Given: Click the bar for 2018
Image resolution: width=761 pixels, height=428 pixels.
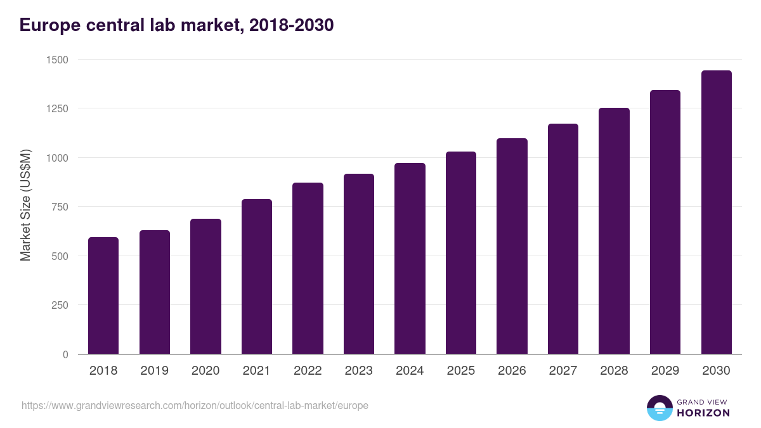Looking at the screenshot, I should [x=103, y=295].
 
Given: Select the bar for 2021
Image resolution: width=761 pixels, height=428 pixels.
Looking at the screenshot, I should [x=257, y=276].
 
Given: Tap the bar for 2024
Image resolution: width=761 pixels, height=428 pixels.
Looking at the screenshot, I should [x=410, y=259].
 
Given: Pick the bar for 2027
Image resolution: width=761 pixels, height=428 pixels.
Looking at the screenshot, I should [x=563, y=239].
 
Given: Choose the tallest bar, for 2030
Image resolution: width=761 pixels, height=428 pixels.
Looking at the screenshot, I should [x=716, y=212].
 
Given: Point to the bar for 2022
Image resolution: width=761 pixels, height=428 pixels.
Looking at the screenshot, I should [x=308, y=268].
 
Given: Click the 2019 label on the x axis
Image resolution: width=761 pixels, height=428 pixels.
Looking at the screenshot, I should [x=154, y=371].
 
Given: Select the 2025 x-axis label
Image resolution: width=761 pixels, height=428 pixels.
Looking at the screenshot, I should [x=460, y=371].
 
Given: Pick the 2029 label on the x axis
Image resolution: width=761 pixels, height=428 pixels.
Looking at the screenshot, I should [x=665, y=371].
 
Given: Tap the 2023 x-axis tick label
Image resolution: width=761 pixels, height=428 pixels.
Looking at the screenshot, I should [x=358, y=371].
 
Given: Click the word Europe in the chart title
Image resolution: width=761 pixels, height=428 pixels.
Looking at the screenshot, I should [x=48, y=25].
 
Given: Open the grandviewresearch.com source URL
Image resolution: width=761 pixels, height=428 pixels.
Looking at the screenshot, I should [x=195, y=405].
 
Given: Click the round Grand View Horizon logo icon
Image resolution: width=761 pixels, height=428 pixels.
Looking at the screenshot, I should [x=659, y=408].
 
